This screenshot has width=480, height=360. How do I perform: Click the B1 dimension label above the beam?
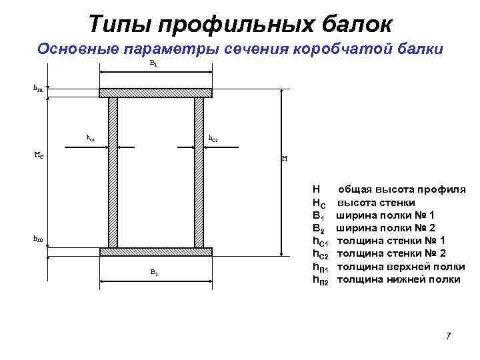click(153, 63)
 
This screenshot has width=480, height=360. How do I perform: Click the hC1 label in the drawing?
click(91, 138)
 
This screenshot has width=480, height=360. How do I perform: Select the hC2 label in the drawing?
click(213, 139)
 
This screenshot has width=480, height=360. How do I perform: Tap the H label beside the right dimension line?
click(285, 159)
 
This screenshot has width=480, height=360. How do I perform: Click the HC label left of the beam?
click(39, 155)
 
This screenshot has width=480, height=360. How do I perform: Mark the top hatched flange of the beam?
click(155, 93)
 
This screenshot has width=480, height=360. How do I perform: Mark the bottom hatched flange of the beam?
click(155, 252)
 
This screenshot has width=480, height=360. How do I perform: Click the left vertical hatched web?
click(113, 172)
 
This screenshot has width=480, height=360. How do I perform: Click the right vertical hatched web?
click(199, 172)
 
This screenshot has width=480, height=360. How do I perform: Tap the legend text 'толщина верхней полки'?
click(401, 267)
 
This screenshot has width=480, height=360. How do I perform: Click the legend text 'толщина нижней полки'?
click(399, 279)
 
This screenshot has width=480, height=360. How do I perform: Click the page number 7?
click(448, 335)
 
